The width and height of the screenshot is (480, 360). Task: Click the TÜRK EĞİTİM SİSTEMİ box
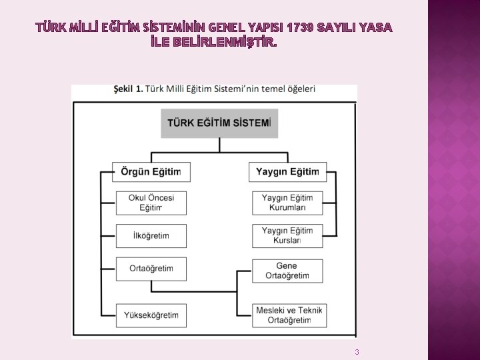point(219,123)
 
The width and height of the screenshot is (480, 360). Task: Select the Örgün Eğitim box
point(151,172)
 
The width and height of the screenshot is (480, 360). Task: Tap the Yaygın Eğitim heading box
point(288,172)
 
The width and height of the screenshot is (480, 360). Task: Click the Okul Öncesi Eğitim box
point(151,203)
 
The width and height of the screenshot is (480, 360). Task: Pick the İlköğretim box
point(151,236)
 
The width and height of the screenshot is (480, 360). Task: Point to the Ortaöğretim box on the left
point(151,269)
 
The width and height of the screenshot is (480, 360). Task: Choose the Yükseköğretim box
point(151,315)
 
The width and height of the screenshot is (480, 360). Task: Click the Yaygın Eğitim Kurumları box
point(287,203)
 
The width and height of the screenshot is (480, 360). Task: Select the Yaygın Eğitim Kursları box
point(287,236)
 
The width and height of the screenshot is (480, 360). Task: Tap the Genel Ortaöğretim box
point(287,271)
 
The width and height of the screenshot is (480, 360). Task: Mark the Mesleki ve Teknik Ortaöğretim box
point(287,315)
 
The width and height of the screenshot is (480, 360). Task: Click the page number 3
point(357,352)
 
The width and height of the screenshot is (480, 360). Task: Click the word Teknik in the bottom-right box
point(309,310)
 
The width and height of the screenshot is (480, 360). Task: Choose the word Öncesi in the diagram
point(161,198)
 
